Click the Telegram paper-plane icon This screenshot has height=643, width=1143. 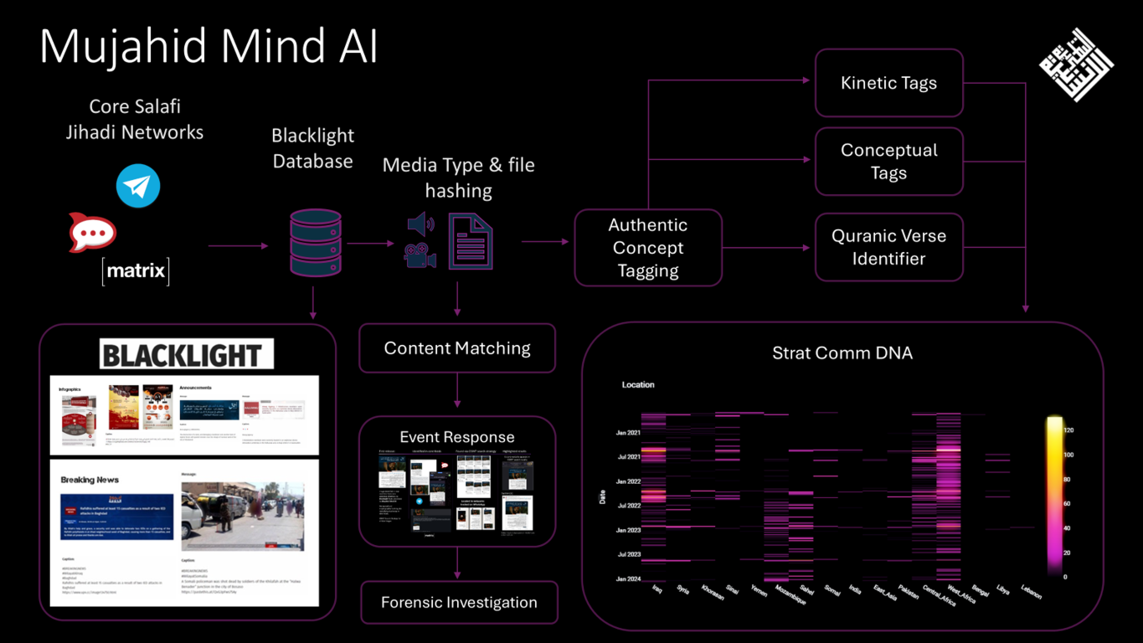(x=138, y=186)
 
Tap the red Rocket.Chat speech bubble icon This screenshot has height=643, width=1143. (x=92, y=233)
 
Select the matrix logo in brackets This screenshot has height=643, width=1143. (x=136, y=271)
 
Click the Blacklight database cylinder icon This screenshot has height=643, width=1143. (x=316, y=244)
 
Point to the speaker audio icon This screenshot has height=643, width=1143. (x=420, y=224)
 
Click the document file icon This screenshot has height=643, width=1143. (x=471, y=241)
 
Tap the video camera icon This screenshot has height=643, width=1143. (x=420, y=255)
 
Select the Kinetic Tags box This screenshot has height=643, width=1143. (x=888, y=83)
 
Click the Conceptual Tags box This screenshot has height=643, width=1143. (x=888, y=161)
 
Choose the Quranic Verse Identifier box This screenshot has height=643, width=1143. (x=888, y=247)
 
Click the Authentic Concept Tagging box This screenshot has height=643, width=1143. (x=647, y=248)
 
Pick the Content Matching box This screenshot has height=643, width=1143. (x=457, y=348)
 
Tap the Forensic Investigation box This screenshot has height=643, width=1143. (x=459, y=602)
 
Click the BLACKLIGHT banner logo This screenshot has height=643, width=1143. (x=186, y=354)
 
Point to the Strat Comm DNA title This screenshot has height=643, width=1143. (x=842, y=353)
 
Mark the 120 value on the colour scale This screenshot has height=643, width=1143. (x=1068, y=430)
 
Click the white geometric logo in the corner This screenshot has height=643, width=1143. (x=1076, y=64)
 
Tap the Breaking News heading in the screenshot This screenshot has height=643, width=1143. (x=90, y=480)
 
